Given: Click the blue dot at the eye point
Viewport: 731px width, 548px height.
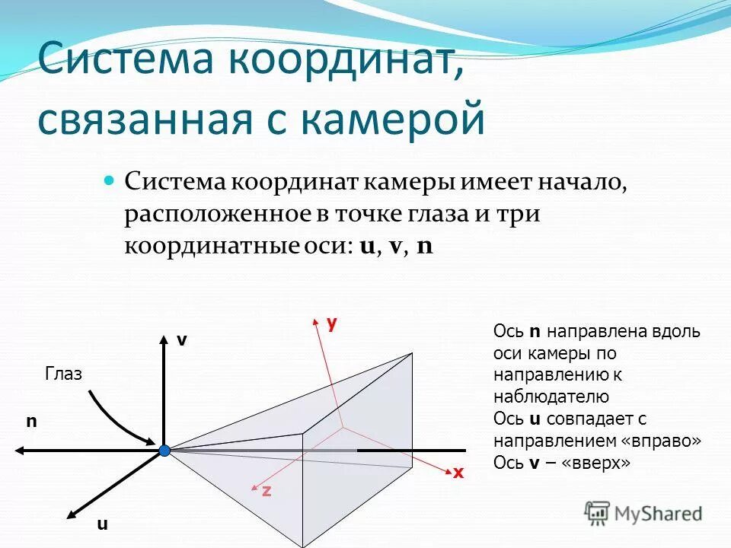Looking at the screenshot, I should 164,451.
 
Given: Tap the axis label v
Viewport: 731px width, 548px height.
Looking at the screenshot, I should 181,341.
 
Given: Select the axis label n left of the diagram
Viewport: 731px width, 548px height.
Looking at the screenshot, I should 31,420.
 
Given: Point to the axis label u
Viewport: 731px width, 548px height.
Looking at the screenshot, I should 102,524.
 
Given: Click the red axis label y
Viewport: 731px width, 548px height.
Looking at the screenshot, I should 331,323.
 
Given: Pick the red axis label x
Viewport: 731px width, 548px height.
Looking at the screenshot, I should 458,473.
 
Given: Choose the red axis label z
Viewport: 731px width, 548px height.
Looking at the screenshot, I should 267,491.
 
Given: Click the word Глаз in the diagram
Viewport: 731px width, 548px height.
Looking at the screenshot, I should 64,373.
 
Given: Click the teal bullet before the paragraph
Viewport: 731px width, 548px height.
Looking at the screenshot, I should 108,182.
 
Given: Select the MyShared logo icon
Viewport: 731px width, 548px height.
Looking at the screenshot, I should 597,513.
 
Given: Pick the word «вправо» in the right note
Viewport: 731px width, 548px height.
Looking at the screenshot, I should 662,441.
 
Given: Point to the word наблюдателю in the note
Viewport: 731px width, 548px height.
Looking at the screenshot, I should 551,396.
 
